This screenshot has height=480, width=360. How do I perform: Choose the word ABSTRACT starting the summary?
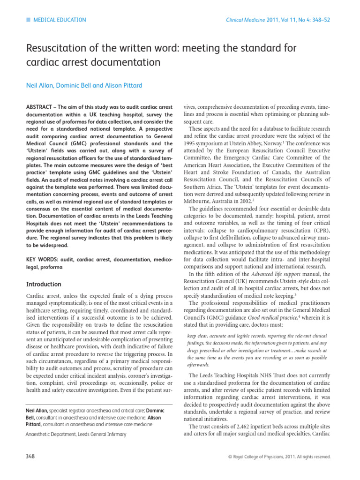tap(40, 107)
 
